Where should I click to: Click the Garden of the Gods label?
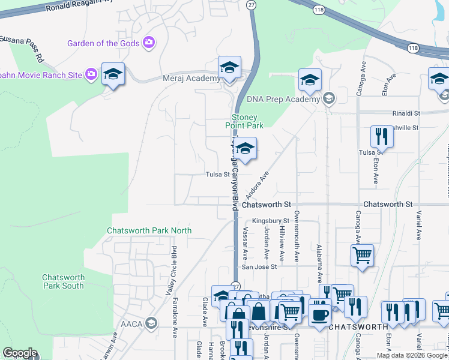point(103,43)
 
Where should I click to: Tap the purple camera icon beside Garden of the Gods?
point(149,43)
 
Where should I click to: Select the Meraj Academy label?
point(184,79)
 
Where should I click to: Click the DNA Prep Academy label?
point(284,100)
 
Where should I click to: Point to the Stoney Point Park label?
point(244,121)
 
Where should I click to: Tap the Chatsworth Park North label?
point(149,230)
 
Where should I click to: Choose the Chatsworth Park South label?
point(63,281)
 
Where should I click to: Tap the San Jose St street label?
point(259,267)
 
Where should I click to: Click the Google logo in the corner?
point(20,353)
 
